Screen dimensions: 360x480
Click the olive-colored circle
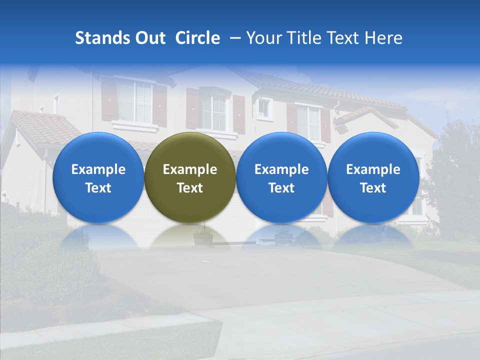[190, 177]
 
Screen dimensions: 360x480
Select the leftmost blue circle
[98, 177]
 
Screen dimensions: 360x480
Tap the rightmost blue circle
[373, 177]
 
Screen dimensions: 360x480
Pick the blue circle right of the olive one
[281, 177]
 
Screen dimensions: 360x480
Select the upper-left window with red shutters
[134, 101]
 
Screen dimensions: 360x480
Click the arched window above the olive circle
[213, 111]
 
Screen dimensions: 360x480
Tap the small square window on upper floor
[263, 108]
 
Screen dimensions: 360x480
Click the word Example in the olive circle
[190, 169]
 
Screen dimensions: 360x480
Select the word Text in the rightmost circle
[373, 188]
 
